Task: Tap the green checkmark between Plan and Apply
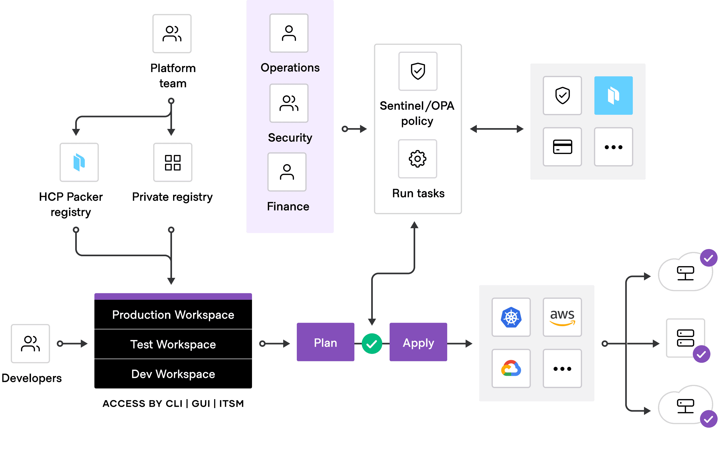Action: click(372, 344)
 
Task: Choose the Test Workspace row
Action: click(173, 344)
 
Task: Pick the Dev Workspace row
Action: click(173, 374)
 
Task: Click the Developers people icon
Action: click(30, 344)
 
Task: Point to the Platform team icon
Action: click(172, 34)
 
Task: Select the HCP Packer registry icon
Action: click(79, 162)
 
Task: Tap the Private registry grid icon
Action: click(173, 162)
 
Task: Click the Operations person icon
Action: click(289, 33)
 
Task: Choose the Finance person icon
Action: click(287, 172)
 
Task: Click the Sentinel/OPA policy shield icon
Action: click(418, 71)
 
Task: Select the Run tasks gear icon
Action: click(417, 159)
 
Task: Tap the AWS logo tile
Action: click(562, 317)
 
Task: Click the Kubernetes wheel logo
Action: click(511, 317)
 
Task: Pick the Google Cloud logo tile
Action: click(511, 368)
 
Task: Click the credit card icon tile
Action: click(562, 147)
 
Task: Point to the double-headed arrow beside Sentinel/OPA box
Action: click(496, 129)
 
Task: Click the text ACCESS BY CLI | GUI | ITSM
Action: click(173, 404)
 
